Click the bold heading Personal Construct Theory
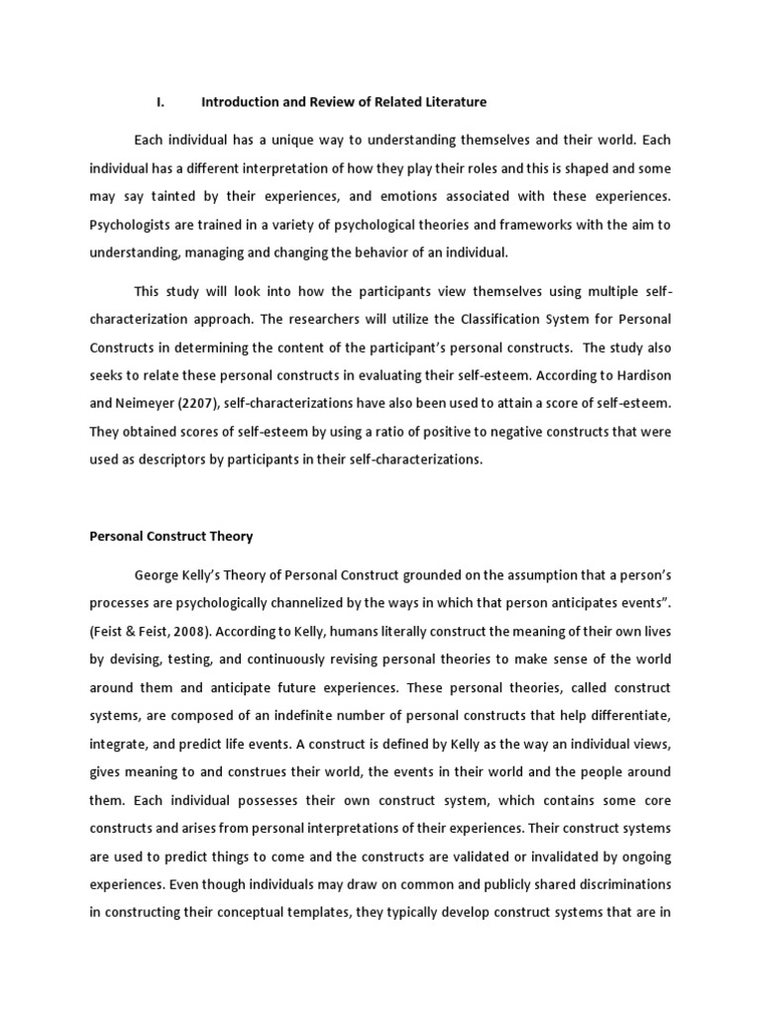coord(171,537)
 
